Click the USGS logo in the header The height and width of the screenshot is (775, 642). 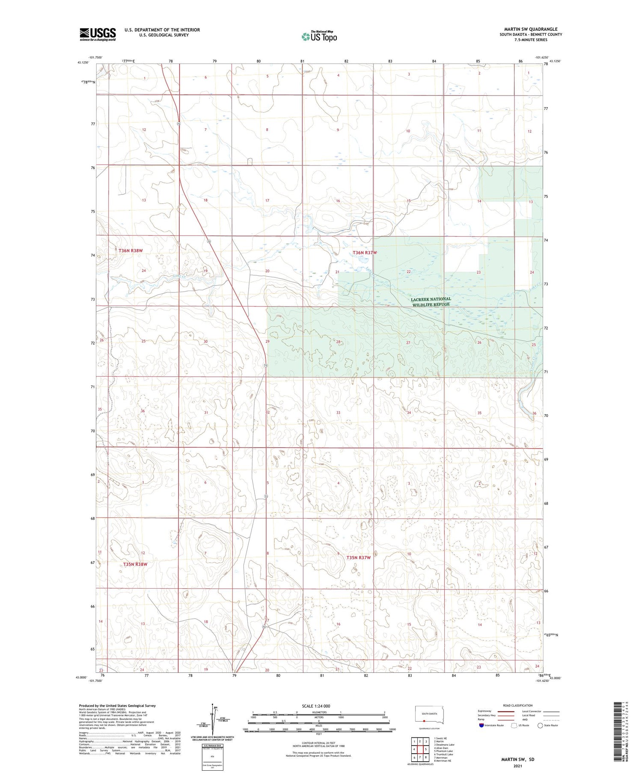click(98, 34)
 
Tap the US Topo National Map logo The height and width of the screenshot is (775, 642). click(319, 36)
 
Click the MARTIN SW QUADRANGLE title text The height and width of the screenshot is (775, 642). click(530, 29)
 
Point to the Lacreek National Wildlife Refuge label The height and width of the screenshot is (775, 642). click(431, 302)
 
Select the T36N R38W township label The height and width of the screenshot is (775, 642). click(131, 250)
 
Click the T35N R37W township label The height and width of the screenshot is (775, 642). click(358, 557)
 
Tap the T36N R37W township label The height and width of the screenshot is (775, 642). click(365, 253)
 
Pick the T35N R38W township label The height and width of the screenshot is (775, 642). click(135, 564)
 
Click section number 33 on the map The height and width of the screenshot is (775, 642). click(338, 413)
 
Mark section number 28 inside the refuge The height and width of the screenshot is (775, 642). click(338, 342)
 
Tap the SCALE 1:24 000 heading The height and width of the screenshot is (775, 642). click(316, 706)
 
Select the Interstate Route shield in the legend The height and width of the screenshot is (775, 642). click(481, 725)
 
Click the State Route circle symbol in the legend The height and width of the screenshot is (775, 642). click(540, 725)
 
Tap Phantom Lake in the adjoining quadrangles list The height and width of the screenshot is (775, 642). click(443, 751)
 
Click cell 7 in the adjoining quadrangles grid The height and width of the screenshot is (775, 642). click(414, 757)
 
